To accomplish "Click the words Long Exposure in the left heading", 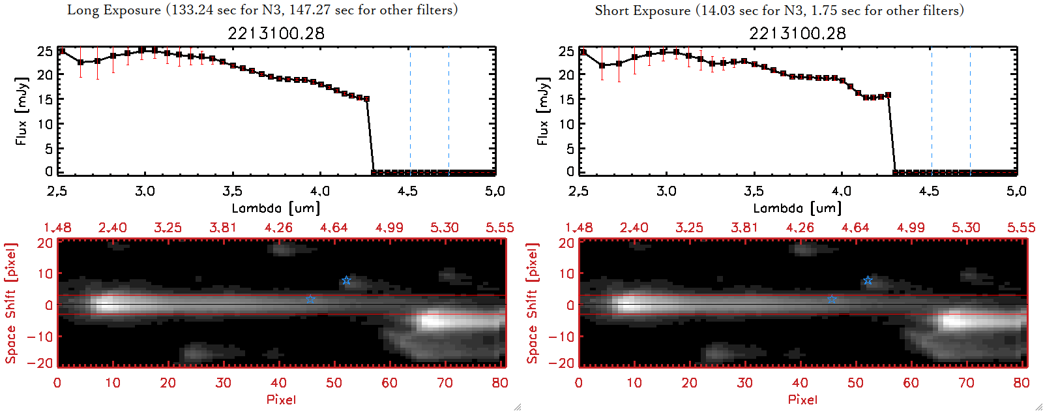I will (114, 10).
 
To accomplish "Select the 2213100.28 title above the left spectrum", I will (276, 33).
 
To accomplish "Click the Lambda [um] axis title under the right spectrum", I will (797, 208).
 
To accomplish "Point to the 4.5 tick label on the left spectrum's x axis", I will (407, 191).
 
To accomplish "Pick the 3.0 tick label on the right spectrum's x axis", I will (666, 191).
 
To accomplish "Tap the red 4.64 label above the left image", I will (334, 228).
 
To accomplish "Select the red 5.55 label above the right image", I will (1021, 228).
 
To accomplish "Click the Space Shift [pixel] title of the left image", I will (10, 303).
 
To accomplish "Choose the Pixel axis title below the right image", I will (802, 399).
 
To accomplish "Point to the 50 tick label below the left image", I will (334, 383).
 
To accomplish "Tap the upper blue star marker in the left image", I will (346, 281).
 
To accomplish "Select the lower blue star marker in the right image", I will (832, 299).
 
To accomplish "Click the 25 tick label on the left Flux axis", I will (44, 51).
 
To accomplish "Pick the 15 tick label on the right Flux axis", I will (566, 99).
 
